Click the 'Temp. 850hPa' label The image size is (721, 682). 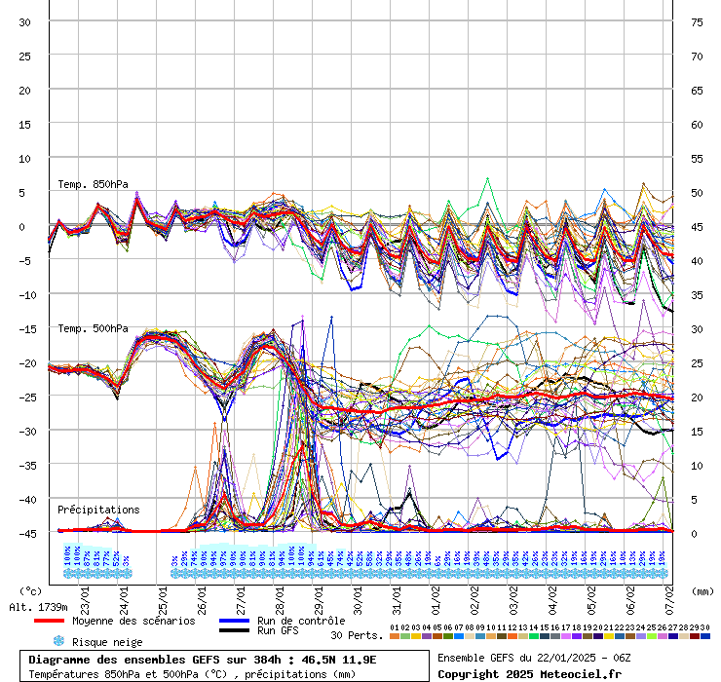click(93, 184)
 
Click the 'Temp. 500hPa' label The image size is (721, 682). click(93, 328)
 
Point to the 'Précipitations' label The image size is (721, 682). click(98, 510)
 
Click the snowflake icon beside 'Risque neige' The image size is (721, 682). click(58, 642)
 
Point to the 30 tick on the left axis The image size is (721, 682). click(24, 21)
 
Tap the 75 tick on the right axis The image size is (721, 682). click(696, 21)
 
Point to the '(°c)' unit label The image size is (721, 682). click(31, 590)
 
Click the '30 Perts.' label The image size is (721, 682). click(357, 636)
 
